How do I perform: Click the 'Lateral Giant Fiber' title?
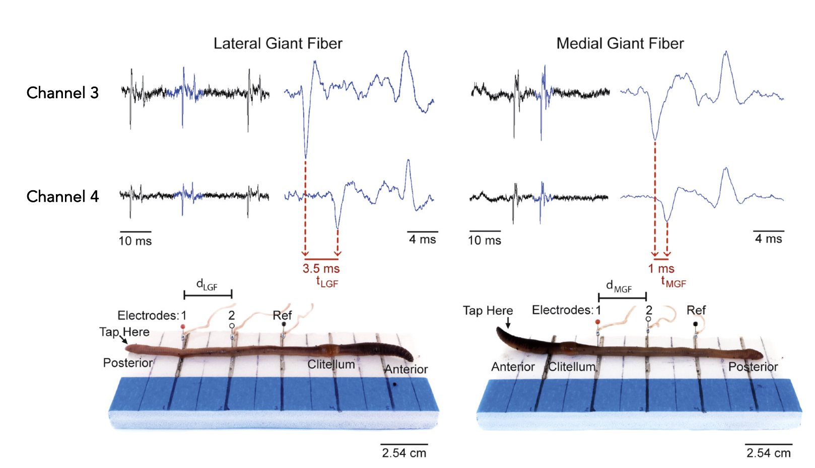point(278,43)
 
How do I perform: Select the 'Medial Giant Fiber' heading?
point(620,43)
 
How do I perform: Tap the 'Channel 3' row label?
point(62,93)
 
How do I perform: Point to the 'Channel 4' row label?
point(62,196)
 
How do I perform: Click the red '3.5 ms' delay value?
point(321,268)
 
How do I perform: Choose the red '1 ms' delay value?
point(661,268)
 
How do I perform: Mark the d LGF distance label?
point(207,285)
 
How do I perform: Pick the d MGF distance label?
point(619,287)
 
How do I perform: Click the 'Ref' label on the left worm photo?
point(282,316)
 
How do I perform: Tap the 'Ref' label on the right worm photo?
point(696,310)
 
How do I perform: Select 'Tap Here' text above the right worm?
point(488,310)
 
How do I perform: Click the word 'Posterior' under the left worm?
point(127,363)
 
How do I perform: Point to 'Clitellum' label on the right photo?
point(571,367)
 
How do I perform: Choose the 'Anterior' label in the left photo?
point(406,369)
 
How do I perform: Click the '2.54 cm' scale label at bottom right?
point(768,453)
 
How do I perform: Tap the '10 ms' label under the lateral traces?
point(135,241)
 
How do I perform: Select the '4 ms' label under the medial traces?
point(768,239)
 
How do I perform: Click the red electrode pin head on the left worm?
point(183,327)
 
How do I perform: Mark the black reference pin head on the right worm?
point(696,324)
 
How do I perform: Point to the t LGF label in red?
point(327,282)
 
